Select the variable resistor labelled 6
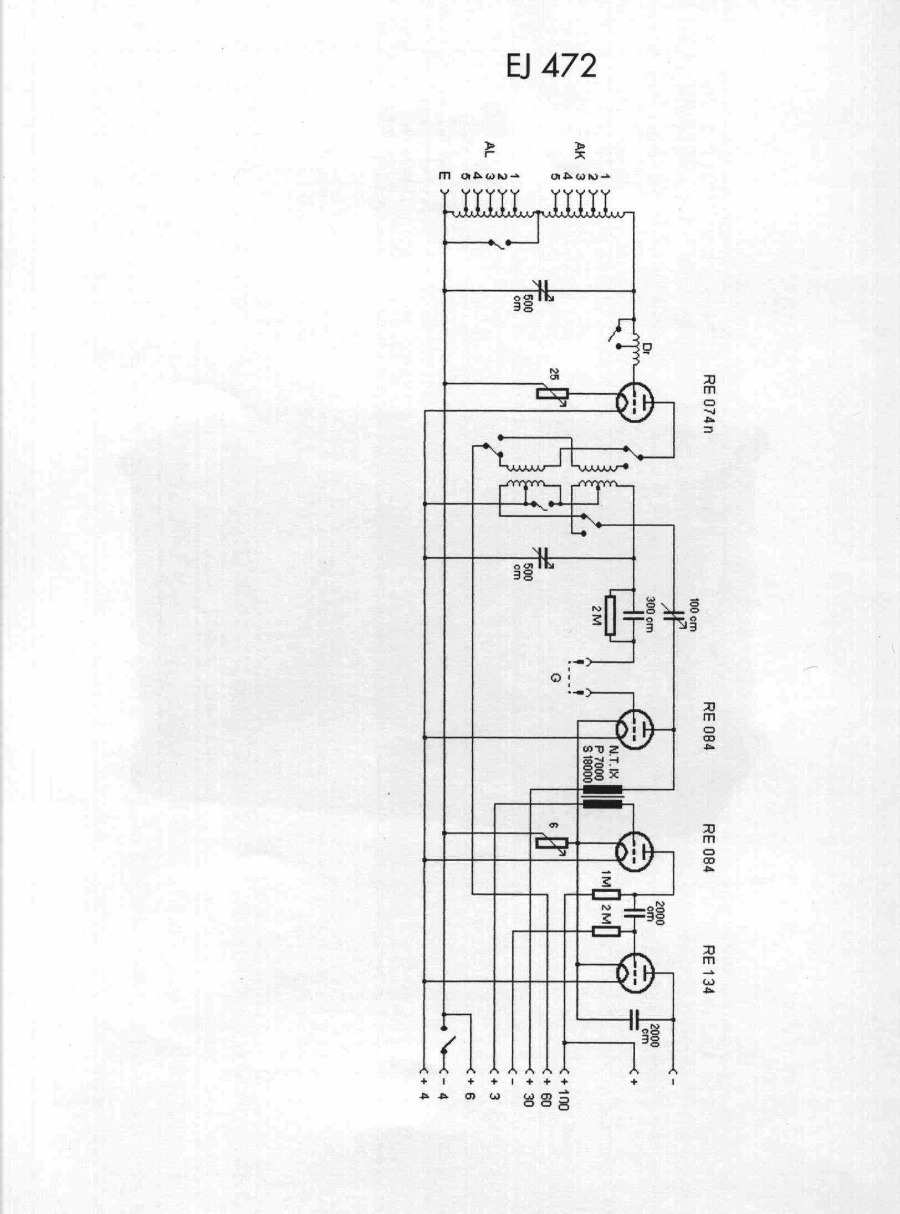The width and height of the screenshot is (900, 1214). pos(553,858)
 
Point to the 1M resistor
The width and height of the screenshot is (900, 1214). pos(606,894)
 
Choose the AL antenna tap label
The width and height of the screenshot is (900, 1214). pos(488,150)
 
